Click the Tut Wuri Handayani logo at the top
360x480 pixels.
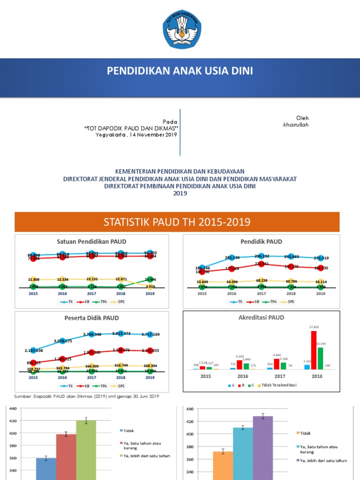[180, 29]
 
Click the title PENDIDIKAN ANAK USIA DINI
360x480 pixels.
[180, 71]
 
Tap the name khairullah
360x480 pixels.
[296, 125]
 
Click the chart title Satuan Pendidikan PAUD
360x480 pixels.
[92, 241]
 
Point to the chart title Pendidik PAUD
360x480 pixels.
[262, 241]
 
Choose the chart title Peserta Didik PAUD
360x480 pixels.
[92, 318]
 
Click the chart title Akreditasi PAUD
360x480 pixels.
[262, 317]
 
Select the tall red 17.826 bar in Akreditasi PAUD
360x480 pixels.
[314, 350]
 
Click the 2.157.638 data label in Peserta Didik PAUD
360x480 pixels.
[33, 351]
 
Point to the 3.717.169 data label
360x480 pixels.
[150, 334]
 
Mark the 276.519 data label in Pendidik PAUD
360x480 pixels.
[322, 258]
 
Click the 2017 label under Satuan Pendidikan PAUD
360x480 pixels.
[91, 293]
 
